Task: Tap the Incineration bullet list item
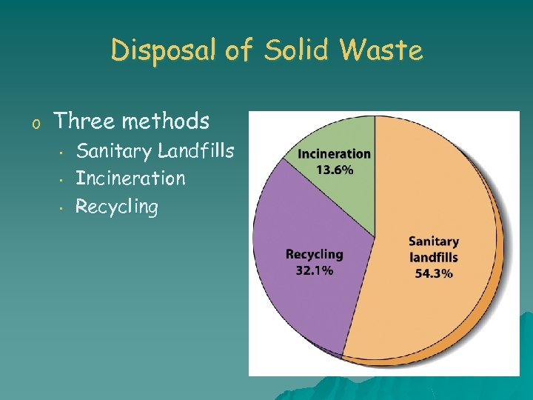130,179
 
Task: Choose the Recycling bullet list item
117,207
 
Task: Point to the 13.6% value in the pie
335,169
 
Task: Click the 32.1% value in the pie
315,270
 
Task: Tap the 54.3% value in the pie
434,273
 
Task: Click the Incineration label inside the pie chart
335,154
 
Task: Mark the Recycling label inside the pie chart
315,255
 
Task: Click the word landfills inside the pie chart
434,258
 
